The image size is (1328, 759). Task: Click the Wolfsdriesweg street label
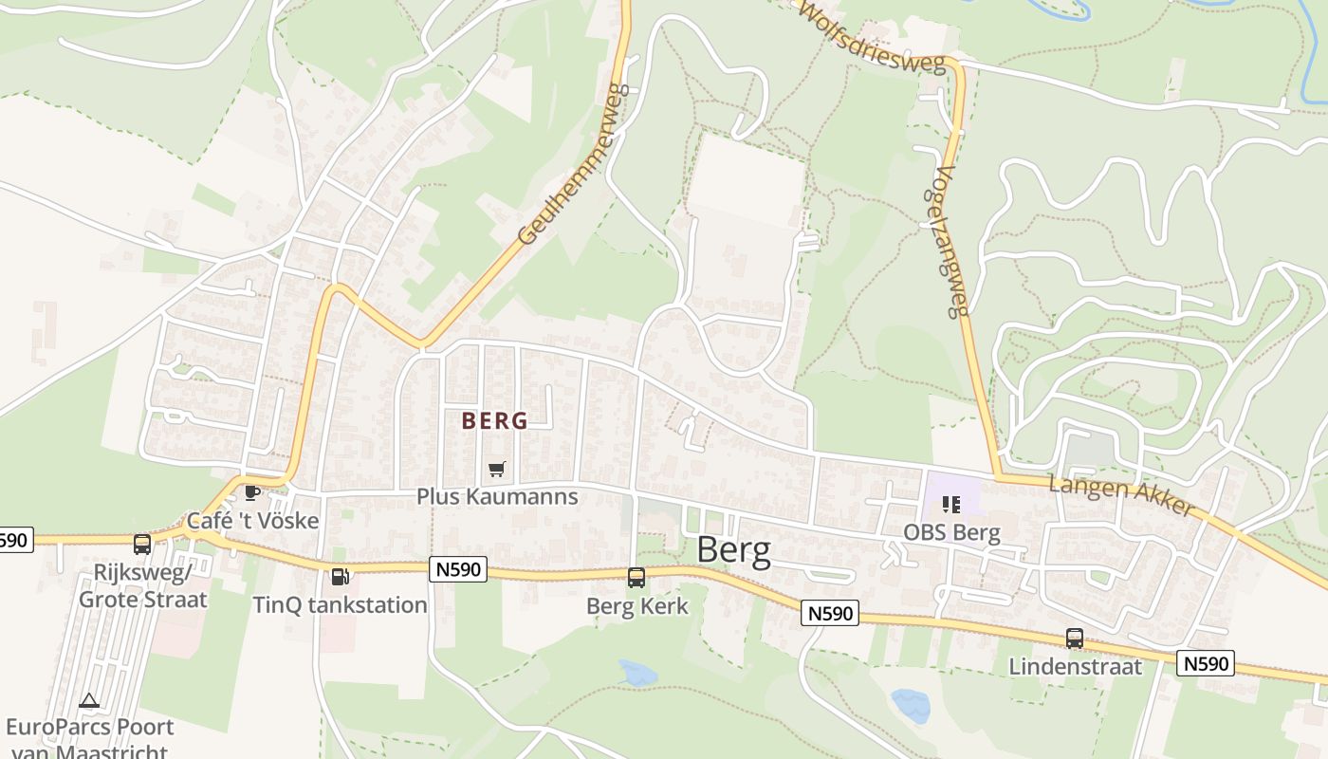tap(873, 38)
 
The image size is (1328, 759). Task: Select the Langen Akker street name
tap(1122, 496)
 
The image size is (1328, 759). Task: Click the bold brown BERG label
tap(494, 420)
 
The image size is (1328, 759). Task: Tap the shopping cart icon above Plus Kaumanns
tap(496, 469)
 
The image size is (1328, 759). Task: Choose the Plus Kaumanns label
tap(497, 497)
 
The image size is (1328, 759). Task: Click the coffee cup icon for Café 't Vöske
tap(251, 492)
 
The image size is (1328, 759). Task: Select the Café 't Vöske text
tap(252, 521)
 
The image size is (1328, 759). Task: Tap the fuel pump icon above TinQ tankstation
tap(340, 576)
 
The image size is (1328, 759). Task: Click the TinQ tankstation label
tap(340, 604)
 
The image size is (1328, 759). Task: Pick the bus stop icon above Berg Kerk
tap(636, 577)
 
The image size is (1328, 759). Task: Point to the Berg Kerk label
tap(637, 606)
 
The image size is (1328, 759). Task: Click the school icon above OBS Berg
tap(951, 504)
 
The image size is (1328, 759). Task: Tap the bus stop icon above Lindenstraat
tap(1075, 639)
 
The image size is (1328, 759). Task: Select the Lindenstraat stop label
tap(1076, 667)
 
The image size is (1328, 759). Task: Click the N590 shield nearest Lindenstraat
tap(1206, 663)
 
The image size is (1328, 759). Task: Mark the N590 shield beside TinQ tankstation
tap(458, 569)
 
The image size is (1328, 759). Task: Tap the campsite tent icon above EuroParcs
tap(89, 701)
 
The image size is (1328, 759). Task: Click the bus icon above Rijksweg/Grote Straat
tap(142, 545)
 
